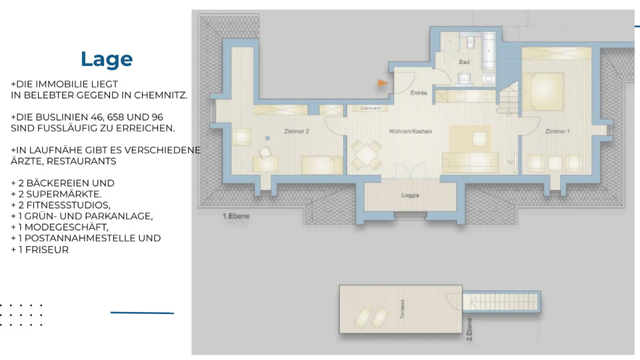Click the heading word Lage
107,59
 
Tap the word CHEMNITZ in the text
161,95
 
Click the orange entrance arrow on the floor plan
383,83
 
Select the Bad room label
464,62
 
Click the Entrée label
419,93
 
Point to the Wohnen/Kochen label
410,131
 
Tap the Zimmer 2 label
297,132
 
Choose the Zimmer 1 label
557,132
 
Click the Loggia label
410,196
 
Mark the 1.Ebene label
236,217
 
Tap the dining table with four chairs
364,157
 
